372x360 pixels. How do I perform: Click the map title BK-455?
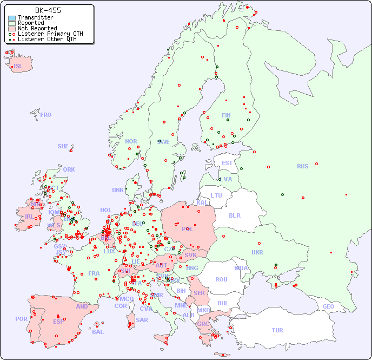click(x=48, y=10)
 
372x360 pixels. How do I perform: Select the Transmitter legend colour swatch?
click(x=12, y=18)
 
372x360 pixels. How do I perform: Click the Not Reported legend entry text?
click(x=37, y=28)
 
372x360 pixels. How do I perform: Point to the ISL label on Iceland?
click(x=18, y=67)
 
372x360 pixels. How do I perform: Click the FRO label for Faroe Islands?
click(x=46, y=115)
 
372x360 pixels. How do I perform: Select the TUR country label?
click(x=277, y=330)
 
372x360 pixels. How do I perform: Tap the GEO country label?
click(x=328, y=306)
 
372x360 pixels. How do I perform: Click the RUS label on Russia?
click(x=302, y=166)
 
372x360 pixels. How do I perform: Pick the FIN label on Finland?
click(x=226, y=115)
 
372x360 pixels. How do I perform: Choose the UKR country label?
click(x=257, y=252)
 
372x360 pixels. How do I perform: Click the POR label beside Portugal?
click(x=21, y=319)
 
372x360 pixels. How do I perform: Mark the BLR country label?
click(x=234, y=215)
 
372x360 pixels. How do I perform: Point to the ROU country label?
click(x=221, y=279)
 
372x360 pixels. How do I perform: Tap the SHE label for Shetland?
click(x=63, y=146)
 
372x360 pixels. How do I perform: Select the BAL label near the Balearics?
click(x=98, y=332)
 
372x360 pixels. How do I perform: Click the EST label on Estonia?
click(x=227, y=163)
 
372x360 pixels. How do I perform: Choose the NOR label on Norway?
click(x=131, y=141)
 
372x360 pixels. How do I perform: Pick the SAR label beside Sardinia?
click(x=142, y=319)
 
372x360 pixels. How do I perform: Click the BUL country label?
click(x=223, y=303)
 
